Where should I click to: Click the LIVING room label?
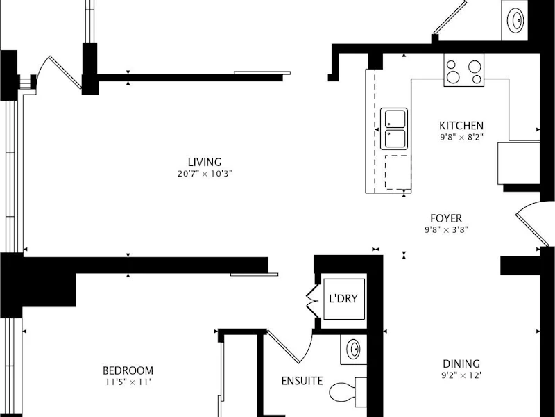coord(205,163)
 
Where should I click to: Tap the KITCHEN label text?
coord(461,126)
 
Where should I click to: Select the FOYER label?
coord(446,218)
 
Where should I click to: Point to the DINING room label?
coord(461,363)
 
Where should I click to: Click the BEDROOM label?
coord(128,370)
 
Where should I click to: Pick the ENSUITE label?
coord(302,381)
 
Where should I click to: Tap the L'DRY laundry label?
coord(343,299)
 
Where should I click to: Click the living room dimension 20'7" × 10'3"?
coord(205,174)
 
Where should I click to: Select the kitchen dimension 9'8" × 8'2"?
coord(461,137)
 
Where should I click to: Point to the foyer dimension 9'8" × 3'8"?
coord(446,230)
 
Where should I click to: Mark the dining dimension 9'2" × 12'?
coord(461,375)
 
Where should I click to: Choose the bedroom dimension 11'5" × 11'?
coord(128,382)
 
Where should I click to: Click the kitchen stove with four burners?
coord(464,70)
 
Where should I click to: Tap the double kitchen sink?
coord(394,129)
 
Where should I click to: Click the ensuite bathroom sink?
coord(353,350)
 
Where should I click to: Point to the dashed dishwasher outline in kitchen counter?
coord(398,172)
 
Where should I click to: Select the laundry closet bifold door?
coord(311,301)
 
